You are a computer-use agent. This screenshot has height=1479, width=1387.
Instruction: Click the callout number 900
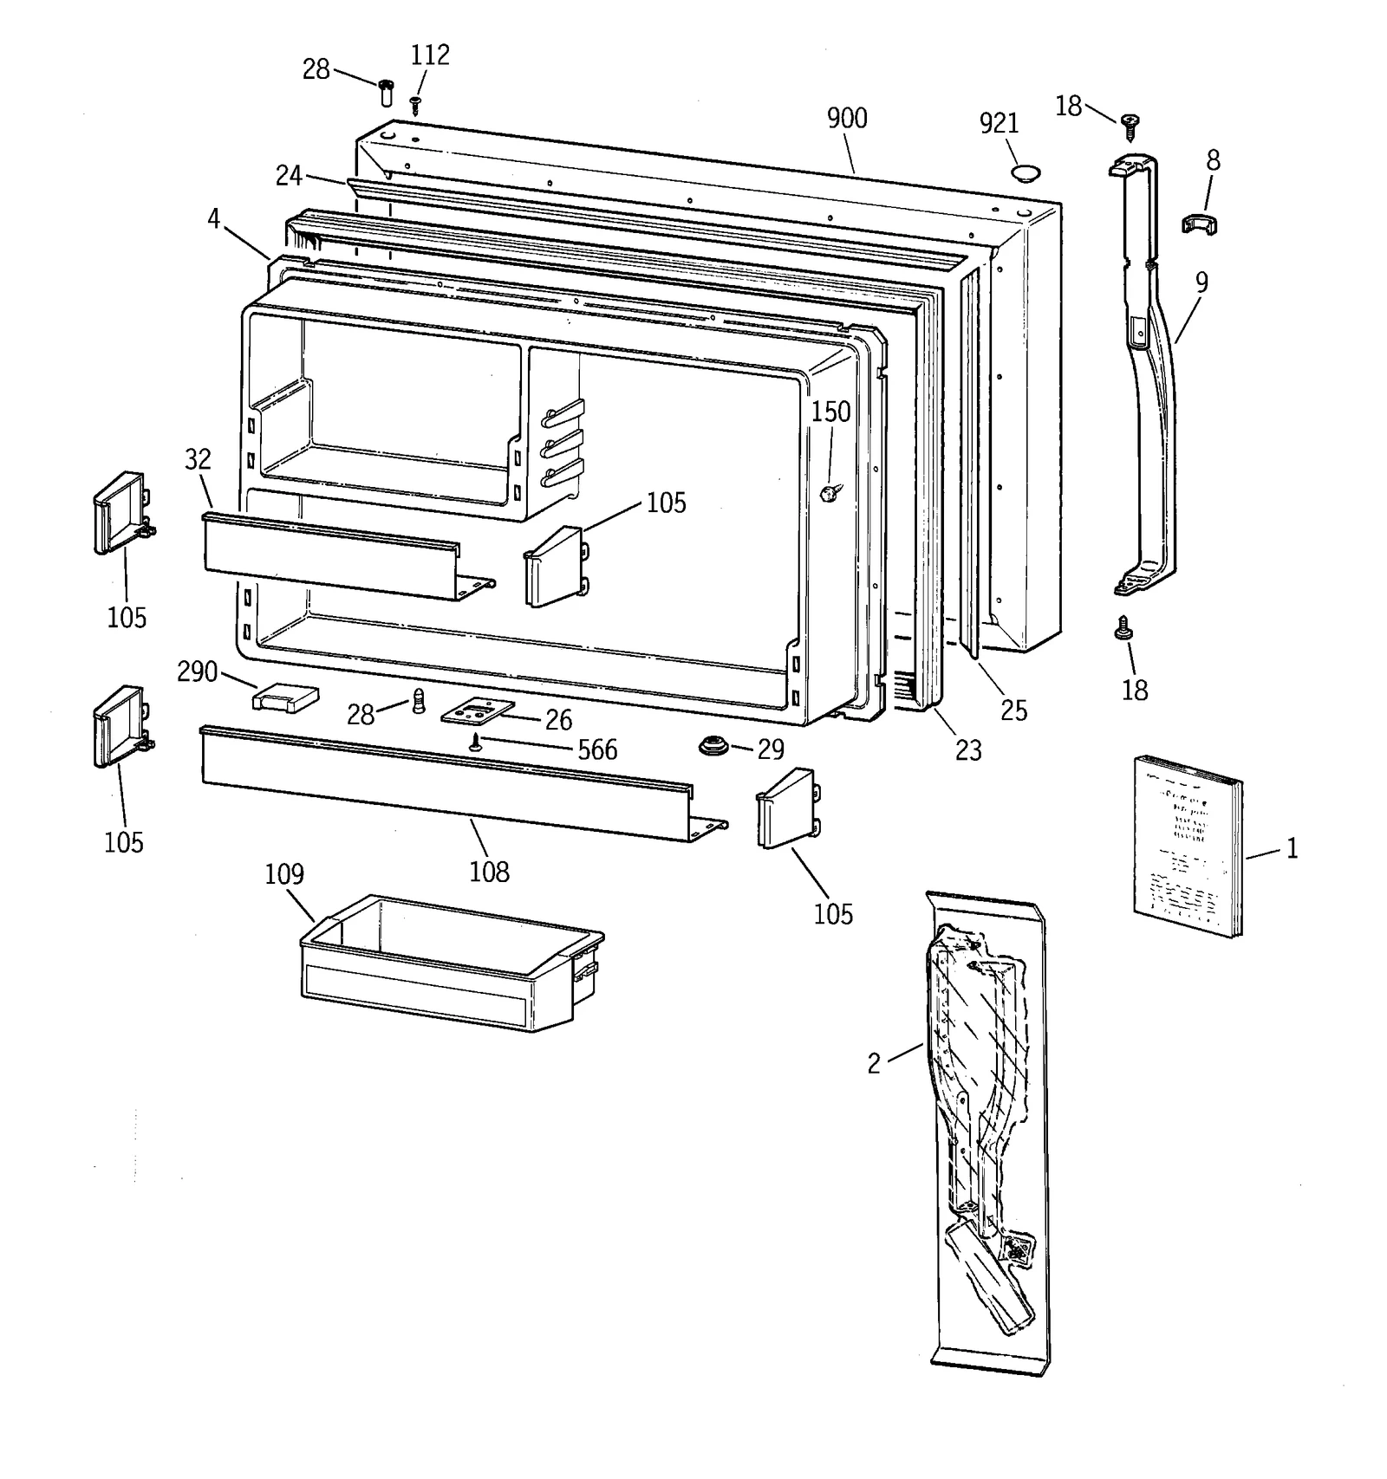[846, 119]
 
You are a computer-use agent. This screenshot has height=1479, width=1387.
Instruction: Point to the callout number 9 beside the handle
[1201, 282]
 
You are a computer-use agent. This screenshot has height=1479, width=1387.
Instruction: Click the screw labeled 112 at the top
[416, 104]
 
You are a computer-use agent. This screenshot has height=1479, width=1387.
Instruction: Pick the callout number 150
[830, 412]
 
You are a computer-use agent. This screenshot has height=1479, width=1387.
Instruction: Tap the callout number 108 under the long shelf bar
[489, 872]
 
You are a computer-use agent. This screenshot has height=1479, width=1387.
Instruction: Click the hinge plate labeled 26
[478, 712]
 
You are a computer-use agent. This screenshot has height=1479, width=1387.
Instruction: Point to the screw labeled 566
[475, 742]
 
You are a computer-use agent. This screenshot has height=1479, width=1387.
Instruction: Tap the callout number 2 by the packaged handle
[874, 1063]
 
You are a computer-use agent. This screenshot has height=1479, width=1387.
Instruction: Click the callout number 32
[198, 459]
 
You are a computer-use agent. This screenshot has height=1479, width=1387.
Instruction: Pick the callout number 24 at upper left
[289, 176]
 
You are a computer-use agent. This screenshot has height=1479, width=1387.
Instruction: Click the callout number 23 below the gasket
[967, 750]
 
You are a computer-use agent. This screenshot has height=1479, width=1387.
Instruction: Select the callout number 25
[1013, 710]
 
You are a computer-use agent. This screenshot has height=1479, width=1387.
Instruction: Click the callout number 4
[213, 218]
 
